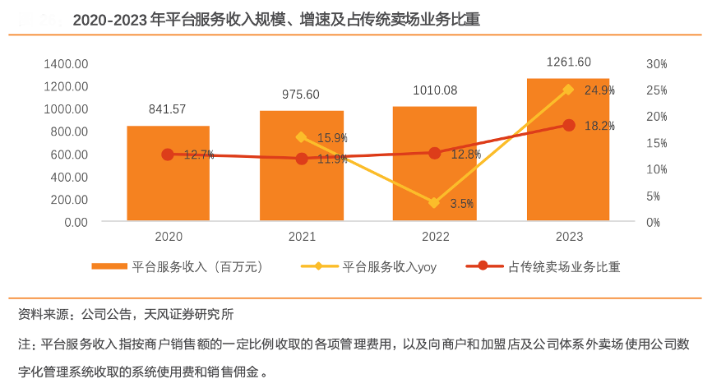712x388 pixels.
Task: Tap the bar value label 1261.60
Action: coord(568,62)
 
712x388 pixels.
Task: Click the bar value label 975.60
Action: coord(301,94)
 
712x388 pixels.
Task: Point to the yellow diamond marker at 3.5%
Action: coord(435,203)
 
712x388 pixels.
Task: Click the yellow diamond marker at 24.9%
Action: coord(568,90)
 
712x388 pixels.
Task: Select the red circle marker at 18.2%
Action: coord(568,125)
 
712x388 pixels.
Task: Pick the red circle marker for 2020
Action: coord(168,155)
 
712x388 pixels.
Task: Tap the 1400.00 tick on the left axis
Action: coord(67,63)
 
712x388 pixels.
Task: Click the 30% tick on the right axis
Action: coord(658,63)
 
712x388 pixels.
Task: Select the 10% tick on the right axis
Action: coord(658,169)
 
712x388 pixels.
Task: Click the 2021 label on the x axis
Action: coord(301,237)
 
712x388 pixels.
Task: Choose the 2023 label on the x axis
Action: coord(568,237)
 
